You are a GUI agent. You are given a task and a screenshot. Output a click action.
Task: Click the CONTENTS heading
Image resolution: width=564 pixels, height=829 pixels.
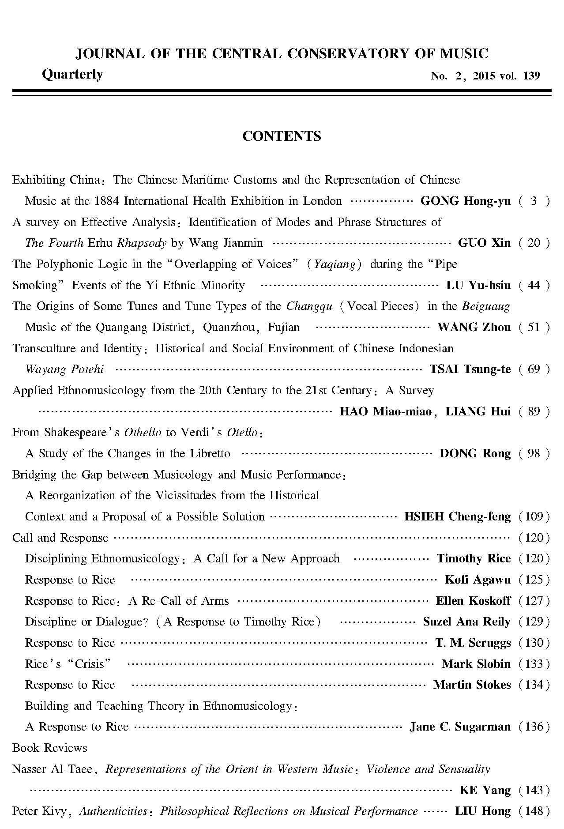pyautogui.click(x=282, y=136)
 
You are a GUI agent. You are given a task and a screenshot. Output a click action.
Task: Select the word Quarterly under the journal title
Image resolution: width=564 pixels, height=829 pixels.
pyautogui.click(x=72, y=74)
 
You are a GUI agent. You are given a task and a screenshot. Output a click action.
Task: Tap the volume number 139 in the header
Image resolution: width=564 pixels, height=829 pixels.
pyautogui.click(x=531, y=76)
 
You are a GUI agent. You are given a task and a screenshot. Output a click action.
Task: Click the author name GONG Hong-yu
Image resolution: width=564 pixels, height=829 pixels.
pyautogui.click(x=466, y=201)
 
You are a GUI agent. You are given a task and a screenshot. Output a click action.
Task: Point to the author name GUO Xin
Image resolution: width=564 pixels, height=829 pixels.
pyautogui.click(x=484, y=243)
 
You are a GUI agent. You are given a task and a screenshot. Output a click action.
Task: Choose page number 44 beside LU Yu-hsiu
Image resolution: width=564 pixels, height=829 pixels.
pyautogui.click(x=534, y=285)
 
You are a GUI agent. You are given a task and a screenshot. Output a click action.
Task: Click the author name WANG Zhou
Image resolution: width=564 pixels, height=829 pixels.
pyautogui.click(x=474, y=327)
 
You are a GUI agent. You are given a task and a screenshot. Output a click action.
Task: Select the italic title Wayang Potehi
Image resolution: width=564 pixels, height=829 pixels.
pyautogui.click(x=64, y=369)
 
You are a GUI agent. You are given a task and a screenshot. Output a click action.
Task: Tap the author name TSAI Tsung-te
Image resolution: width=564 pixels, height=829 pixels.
pyautogui.click(x=470, y=369)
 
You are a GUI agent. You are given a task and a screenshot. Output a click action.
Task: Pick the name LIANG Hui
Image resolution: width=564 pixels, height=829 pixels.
pyautogui.click(x=478, y=411)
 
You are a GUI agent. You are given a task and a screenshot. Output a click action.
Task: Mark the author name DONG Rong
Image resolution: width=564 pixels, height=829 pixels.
pyautogui.click(x=475, y=453)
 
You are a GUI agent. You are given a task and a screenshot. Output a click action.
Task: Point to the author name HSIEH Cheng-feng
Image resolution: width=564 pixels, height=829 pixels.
pyautogui.click(x=457, y=516)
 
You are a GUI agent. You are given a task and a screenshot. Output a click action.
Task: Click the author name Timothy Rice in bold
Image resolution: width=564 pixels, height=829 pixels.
pyautogui.click(x=474, y=558)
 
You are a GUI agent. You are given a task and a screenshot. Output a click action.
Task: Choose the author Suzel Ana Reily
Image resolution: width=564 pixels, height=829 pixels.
pyautogui.click(x=466, y=622)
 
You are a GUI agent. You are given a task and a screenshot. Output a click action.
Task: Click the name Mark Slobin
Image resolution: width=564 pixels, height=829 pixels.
pyautogui.click(x=476, y=664)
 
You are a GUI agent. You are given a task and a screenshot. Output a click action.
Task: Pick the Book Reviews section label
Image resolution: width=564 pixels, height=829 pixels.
pyautogui.click(x=50, y=748)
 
